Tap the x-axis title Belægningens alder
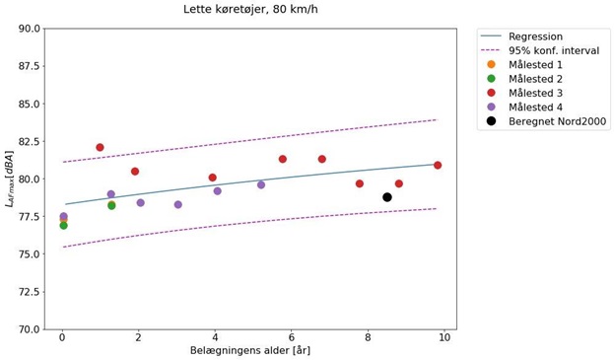[x=249, y=350]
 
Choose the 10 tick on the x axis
[x=444, y=337]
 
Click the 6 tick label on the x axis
[x=292, y=337]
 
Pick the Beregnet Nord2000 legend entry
[x=557, y=121]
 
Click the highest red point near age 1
[x=100, y=148]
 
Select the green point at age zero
[x=63, y=226]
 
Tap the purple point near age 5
[x=261, y=185]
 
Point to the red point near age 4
[x=213, y=178]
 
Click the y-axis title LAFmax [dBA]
[x=10, y=179]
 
